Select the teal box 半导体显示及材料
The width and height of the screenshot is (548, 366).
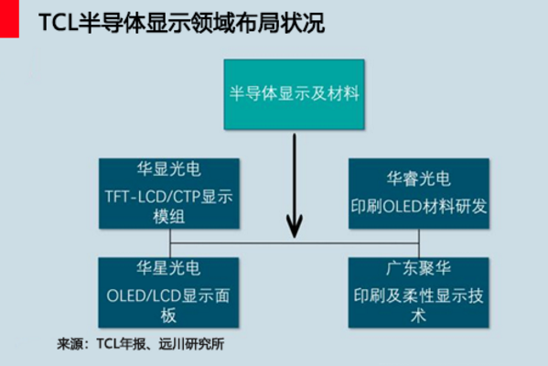coord(294,94)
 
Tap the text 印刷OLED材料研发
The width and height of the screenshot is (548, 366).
coord(418,206)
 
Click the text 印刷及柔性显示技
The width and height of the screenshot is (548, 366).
coord(418,296)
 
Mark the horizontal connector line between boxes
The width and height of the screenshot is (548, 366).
coord(357,243)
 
